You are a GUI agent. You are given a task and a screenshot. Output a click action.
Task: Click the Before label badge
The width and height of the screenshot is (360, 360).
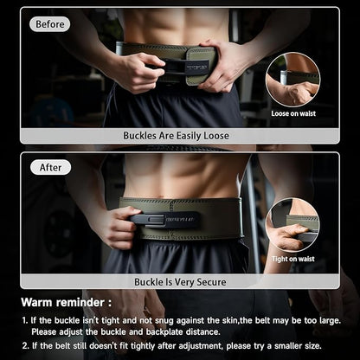[x=49, y=24]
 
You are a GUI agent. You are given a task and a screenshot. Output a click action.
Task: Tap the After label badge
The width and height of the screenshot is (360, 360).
[x=50, y=168]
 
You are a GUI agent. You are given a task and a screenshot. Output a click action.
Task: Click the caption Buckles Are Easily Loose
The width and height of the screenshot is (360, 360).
[x=176, y=136]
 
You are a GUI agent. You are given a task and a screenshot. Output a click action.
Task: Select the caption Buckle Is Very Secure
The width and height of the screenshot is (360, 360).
[x=180, y=282]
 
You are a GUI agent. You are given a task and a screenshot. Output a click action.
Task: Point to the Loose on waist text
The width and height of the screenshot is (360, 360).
[x=293, y=113]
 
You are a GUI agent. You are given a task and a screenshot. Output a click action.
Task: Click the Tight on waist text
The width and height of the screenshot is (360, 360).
[x=293, y=259]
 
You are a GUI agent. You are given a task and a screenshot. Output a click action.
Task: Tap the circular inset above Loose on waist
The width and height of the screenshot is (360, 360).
[x=292, y=80]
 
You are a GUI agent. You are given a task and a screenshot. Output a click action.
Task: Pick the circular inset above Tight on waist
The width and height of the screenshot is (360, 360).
[x=292, y=225]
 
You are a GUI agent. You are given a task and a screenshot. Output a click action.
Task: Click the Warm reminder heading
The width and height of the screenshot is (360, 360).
[x=67, y=302]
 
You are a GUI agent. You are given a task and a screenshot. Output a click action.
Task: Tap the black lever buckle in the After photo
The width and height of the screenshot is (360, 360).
[x=164, y=220]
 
